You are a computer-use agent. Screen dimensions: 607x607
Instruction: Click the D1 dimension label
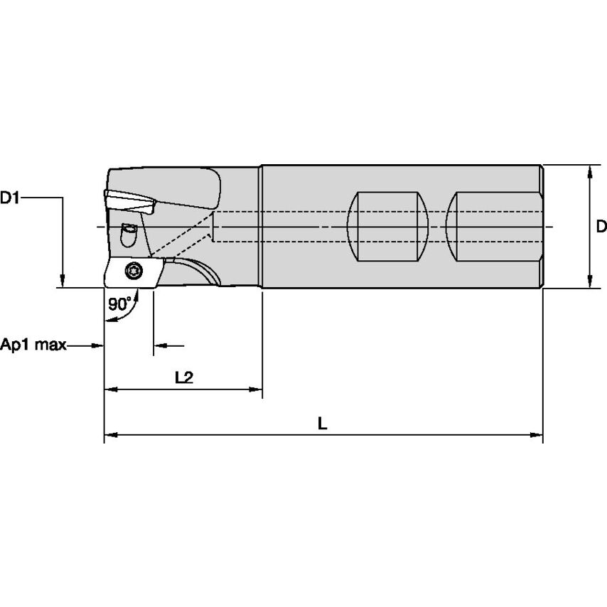click(x=10, y=198)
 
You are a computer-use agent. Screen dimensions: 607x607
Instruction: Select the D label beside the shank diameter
click(x=601, y=227)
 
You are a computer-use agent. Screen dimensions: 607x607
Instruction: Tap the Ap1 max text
click(x=33, y=345)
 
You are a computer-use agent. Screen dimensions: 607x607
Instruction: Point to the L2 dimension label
click(x=184, y=377)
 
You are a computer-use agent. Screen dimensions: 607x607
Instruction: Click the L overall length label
click(x=322, y=424)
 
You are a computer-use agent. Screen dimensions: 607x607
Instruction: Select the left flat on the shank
click(x=387, y=227)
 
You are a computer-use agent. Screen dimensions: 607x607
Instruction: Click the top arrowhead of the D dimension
click(x=589, y=171)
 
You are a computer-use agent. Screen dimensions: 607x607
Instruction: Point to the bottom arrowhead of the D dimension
click(x=589, y=282)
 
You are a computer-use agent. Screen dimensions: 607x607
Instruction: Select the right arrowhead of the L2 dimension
click(x=257, y=390)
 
